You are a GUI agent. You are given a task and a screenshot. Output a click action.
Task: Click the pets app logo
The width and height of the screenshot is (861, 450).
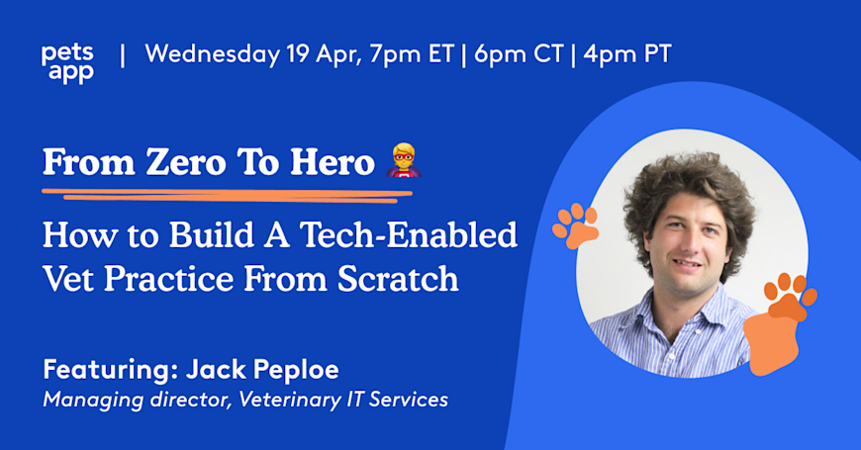coord(67,61)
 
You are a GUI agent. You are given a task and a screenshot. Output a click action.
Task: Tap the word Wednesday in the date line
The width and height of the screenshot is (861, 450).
coord(212,53)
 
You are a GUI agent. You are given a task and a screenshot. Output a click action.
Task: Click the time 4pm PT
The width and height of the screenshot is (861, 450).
coord(627,53)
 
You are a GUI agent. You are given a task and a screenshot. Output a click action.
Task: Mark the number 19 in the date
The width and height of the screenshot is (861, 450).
coord(298,53)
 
